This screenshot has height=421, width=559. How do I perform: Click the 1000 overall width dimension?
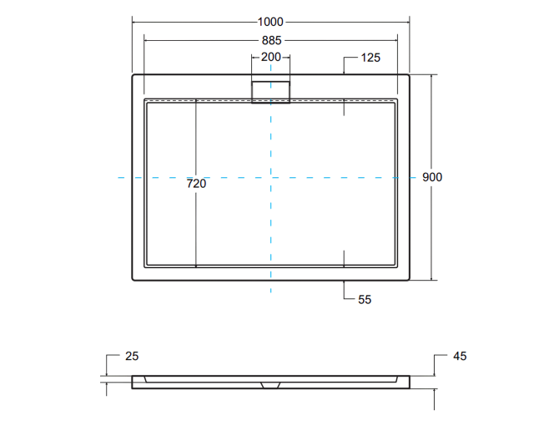(270, 22)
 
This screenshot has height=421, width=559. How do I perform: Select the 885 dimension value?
(270, 39)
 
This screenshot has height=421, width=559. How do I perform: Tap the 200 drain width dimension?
(270, 58)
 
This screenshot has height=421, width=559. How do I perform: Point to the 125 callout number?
(371, 58)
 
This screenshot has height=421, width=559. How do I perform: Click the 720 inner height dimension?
(196, 184)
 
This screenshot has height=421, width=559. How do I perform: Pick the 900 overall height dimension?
(431, 177)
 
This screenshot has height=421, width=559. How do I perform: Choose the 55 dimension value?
(364, 298)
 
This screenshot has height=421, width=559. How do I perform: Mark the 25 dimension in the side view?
(131, 357)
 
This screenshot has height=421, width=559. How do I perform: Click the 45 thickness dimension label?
(460, 357)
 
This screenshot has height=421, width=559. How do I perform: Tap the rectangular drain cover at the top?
(270, 91)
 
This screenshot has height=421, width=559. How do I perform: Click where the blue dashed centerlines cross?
(270, 177)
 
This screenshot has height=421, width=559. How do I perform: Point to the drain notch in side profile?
(270, 385)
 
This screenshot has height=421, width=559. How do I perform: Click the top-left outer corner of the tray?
(133, 75)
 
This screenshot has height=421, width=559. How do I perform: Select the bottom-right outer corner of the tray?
(409, 280)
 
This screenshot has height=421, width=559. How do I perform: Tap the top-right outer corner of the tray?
(409, 75)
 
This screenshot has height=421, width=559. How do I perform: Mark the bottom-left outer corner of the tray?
(133, 280)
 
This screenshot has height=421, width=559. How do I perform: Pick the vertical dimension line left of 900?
(431, 125)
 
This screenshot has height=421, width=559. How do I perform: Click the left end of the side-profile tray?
(133, 382)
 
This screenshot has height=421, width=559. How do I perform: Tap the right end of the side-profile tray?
(408, 382)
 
